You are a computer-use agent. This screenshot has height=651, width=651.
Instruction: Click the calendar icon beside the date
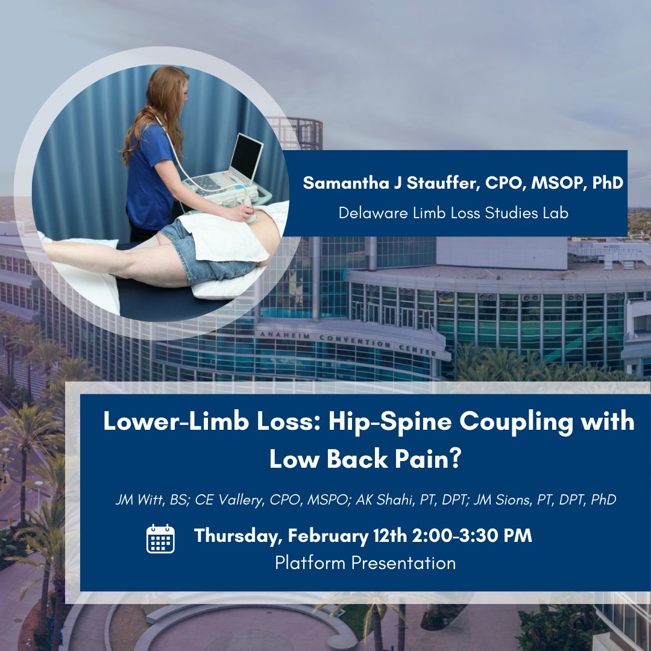pos(160,538)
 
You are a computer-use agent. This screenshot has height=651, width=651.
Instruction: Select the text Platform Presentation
pos(365,563)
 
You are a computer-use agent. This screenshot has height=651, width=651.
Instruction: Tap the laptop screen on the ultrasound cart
pos(246,159)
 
